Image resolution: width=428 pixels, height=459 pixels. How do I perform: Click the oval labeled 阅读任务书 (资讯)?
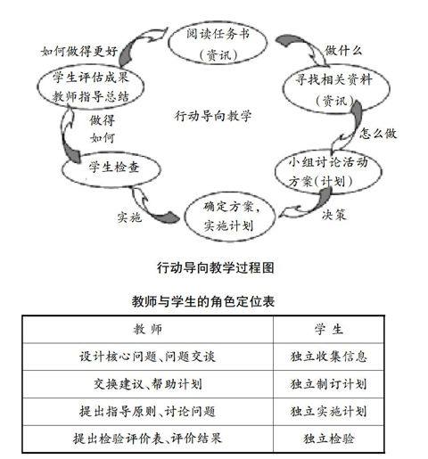(218, 44)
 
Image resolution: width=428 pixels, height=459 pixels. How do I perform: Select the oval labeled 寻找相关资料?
(336, 89)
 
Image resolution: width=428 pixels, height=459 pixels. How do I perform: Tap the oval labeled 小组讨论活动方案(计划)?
(328, 172)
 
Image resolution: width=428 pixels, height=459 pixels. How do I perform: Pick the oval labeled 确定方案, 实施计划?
(229, 217)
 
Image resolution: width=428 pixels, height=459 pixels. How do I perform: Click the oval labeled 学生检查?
(111, 168)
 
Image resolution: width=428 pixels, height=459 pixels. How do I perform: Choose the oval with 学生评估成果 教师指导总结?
(91, 86)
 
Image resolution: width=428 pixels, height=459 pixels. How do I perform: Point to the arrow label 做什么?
(343, 51)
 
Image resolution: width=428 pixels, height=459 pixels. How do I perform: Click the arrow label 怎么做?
(378, 133)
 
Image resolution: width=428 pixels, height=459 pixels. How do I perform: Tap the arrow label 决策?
(333, 215)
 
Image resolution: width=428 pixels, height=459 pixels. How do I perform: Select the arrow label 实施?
(129, 217)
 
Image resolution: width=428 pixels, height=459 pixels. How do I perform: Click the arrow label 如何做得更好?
(79, 51)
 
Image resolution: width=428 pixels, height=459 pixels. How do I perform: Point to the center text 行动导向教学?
(213, 116)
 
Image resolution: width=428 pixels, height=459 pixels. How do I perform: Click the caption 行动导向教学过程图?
(216, 267)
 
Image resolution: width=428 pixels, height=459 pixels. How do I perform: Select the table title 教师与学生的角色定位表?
(203, 301)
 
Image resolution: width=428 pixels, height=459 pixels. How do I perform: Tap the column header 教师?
(148, 329)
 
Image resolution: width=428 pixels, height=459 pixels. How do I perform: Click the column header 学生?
(329, 329)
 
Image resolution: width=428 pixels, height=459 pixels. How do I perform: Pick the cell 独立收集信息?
(329, 357)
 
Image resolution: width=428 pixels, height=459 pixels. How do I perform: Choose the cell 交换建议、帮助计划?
(148, 384)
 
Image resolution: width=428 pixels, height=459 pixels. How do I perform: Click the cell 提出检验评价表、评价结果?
(148, 439)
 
